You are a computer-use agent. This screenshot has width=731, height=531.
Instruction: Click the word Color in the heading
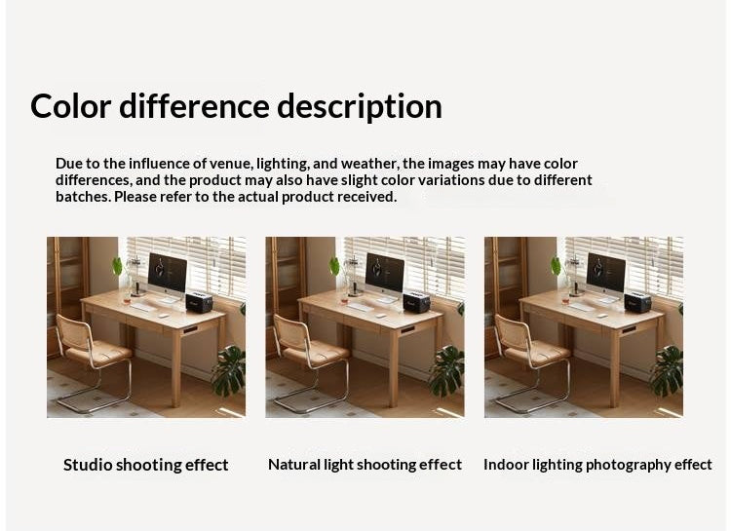click(70, 106)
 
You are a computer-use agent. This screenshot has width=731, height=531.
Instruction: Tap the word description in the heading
click(360, 106)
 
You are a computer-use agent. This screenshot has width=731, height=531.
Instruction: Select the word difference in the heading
click(195, 106)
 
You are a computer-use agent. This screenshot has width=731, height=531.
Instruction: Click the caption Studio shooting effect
click(146, 465)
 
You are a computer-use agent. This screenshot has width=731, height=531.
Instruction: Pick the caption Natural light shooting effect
click(365, 465)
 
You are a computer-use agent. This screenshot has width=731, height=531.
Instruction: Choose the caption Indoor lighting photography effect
click(597, 465)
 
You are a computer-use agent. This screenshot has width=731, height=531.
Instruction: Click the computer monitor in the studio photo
click(167, 273)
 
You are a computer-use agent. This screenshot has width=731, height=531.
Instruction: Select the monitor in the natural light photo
click(385, 273)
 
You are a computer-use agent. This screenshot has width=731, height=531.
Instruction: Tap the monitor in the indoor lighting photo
click(604, 273)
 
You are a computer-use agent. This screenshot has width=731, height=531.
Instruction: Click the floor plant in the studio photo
click(229, 370)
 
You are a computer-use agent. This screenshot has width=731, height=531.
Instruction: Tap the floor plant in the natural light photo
click(447, 370)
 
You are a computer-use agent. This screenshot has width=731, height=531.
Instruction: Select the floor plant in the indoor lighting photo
click(667, 370)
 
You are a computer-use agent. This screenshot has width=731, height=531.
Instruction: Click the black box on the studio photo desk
click(199, 302)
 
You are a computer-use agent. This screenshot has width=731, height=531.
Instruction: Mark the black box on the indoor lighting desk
click(637, 302)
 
